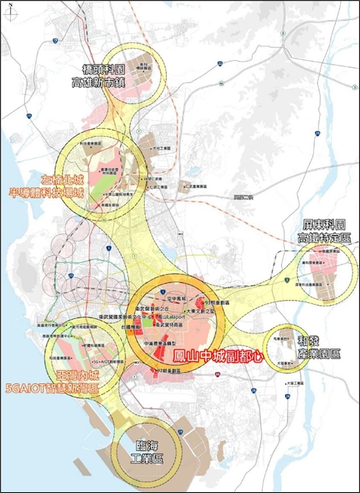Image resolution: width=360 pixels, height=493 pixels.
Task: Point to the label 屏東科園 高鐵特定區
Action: pos(324,231)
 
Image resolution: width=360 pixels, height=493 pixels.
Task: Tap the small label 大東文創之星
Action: pos(201,312)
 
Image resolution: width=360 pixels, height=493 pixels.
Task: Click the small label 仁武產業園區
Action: pos(196,186)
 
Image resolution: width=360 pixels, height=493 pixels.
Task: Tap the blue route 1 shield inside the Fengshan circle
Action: pos(163,291)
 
